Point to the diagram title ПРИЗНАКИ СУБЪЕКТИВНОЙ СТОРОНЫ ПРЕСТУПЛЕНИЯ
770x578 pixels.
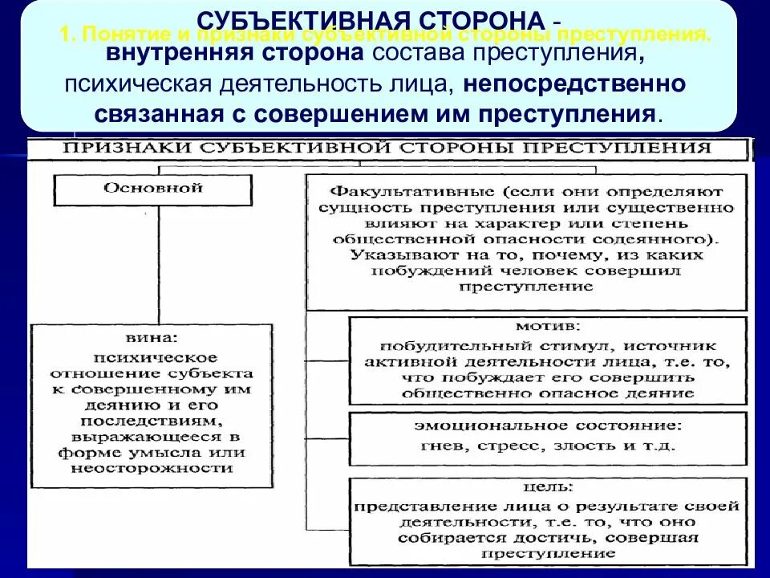coord(387,148)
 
